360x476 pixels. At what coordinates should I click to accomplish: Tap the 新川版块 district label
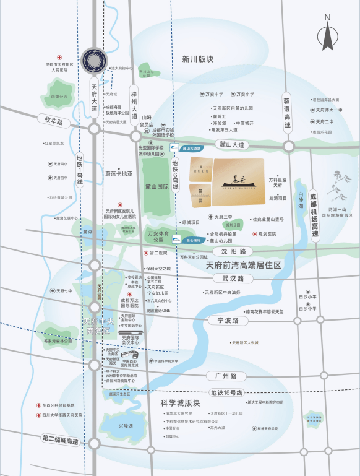click(x=198, y=59)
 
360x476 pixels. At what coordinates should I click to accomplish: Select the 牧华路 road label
click(x=51, y=122)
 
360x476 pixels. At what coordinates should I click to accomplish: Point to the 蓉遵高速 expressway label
click(x=286, y=112)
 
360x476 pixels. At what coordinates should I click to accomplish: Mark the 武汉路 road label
click(x=234, y=279)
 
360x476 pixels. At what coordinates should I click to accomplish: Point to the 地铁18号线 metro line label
click(x=228, y=392)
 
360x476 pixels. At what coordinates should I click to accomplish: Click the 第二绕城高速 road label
click(x=61, y=440)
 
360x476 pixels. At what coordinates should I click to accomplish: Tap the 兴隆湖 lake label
click(x=126, y=426)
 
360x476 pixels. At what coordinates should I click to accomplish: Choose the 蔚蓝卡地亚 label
click(x=119, y=174)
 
